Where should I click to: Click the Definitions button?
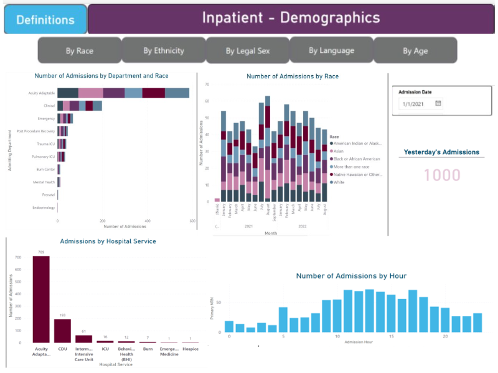click(x=45, y=19)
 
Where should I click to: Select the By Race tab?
click(x=79, y=50)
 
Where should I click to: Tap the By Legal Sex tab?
click(x=247, y=51)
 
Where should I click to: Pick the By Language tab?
click(x=331, y=50)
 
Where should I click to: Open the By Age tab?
click(x=415, y=51)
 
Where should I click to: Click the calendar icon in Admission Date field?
click(x=438, y=104)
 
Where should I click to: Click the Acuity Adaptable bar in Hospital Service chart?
click(x=41, y=299)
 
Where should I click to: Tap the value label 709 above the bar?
click(x=41, y=252)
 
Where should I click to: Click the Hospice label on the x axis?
click(x=190, y=349)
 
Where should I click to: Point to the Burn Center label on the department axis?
click(x=45, y=169)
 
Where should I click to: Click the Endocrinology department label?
click(x=44, y=208)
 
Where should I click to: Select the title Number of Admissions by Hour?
click(x=351, y=275)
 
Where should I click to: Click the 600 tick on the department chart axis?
click(x=192, y=221)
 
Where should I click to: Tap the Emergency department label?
click(x=45, y=118)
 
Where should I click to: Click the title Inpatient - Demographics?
click(x=291, y=17)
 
